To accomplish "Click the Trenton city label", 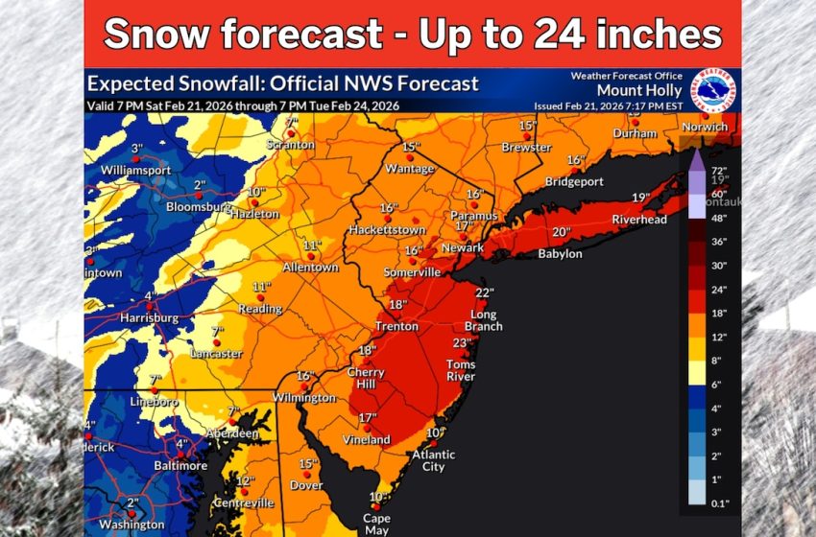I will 396,326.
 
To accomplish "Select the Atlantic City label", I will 434,460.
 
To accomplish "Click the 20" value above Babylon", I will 562,232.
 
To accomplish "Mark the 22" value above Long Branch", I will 484,293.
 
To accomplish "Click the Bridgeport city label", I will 573,181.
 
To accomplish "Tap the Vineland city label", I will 367,440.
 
